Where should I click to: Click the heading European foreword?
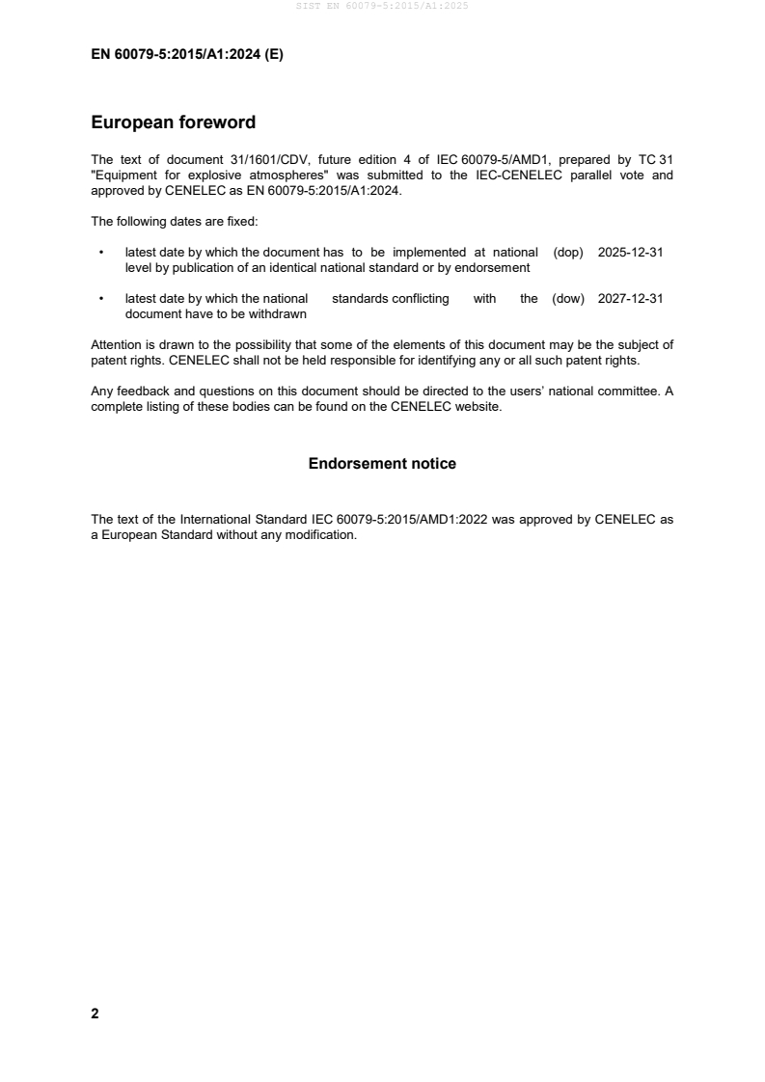pyautogui.click(x=173, y=122)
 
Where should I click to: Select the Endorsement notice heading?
pyautogui.click(x=382, y=464)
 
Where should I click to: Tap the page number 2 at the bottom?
pyautogui.click(x=95, y=1014)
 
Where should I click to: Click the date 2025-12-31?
pyautogui.click(x=630, y=252)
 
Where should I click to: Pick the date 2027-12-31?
pyautogui.click(x=630, y=299)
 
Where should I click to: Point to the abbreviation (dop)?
pyautogui.click(x=569, y=252)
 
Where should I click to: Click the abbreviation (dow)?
pyautogui.click(x=568, y=299)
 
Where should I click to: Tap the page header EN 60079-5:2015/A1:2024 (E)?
pyautogui.click(x=186, y=55)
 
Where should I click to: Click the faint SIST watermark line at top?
pyautogui.click(x=382, y=6)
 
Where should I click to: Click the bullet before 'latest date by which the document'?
pyautogui.click(x=101, y=253)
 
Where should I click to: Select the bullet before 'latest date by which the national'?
pyautogui.click(x=101, y=299)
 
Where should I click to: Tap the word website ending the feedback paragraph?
pyautogui.click(x=477, y=407)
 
